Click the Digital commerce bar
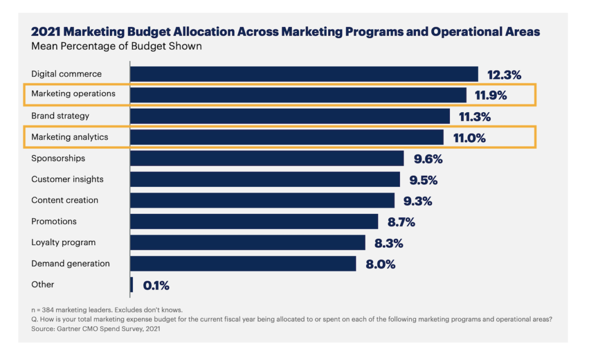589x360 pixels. [304, 74]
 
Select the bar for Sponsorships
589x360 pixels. [267, 158]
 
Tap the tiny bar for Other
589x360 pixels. [132, 285]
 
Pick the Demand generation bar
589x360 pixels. [243, 263]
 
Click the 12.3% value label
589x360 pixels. [504, 75]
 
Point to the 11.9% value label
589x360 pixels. [490, 95]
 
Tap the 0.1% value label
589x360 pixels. [155, 285]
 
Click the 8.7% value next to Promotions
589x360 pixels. [402, 222]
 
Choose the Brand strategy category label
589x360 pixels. [60, 116]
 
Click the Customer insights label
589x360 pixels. [67, 179]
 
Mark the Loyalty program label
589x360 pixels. [63, 243]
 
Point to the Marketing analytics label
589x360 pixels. [70, 137]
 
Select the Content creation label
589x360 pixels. [64, 201]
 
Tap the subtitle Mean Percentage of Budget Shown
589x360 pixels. [116, 46]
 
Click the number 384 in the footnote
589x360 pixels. [48, 310]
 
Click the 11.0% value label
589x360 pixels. [469, 138]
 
